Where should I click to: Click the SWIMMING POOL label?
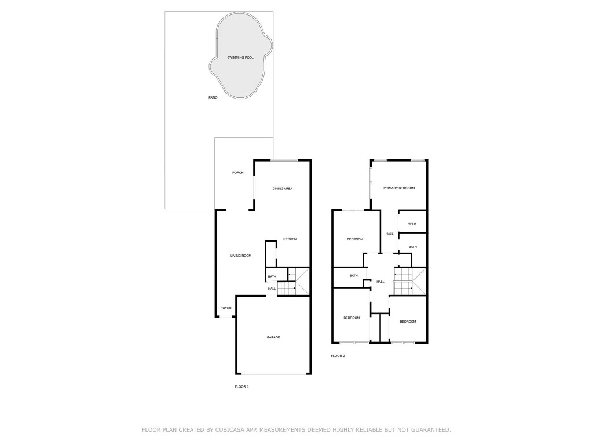pyautogui.click(x=240, y=57)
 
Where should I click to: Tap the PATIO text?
pyautogui.click(x=213, y=97)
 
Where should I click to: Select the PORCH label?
pyautogui.click(x=237, y=173)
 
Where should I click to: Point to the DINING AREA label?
pyautogui.click(x=283, y=189)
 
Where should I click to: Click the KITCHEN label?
pyautogui.click(x=290, y=239)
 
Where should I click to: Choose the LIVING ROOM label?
pyautogui.click(x=241, y=256)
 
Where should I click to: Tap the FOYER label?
pyautogui.click(x=226, y=308)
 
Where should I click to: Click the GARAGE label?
pyautogui.click(x=273, y=337)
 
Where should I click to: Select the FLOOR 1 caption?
pyautogui.click(x=241, y=386)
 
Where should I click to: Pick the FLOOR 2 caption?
pyautogui.click(x=338, y=356)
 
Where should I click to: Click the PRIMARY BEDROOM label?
pyautogui.click(x=399, y=188)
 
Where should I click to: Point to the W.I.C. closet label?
pyautogui.click(x=413, y=224)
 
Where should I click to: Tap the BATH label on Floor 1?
pyautogui.click(x=272, y=277)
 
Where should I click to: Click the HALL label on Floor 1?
pyautogui.click(x=272, y=289)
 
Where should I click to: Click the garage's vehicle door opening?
pyautogui.click(x=273, y=374)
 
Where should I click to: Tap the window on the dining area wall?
pyautogui.click(x=283, y=160)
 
